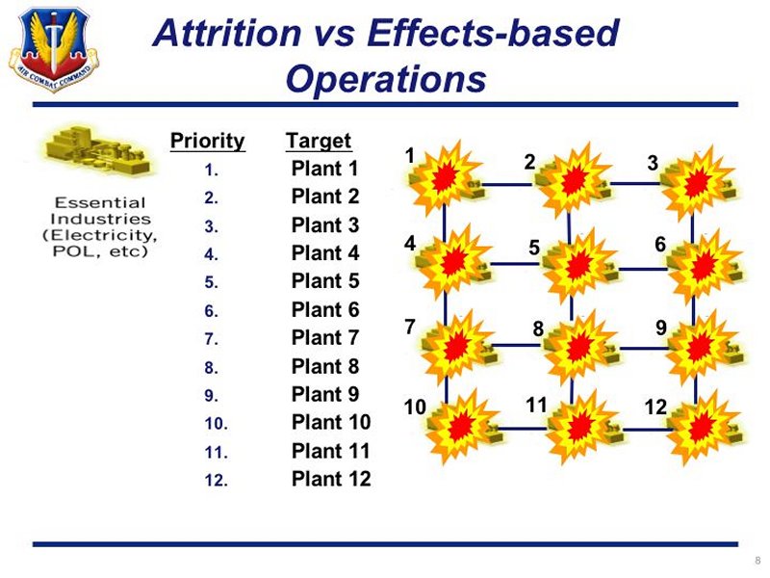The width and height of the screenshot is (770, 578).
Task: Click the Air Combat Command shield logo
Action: [54, 49]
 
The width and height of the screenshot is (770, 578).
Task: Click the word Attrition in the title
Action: [227, 34]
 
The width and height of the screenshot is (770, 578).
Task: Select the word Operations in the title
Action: [386, 79]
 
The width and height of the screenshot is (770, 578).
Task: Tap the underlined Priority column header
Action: [207, 142]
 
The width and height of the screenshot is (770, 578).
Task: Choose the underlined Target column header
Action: [319, 141]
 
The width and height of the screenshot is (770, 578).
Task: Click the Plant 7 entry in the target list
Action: [325, 338]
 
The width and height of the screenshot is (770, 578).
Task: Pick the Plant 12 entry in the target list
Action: [331, 479]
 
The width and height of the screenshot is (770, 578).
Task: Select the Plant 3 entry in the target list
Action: [325, 225]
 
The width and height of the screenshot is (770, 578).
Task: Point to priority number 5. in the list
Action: [211, 282]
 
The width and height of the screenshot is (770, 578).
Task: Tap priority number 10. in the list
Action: [216, 424]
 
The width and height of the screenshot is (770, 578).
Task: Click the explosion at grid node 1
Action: [446, 178]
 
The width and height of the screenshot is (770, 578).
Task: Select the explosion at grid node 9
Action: [700, 348]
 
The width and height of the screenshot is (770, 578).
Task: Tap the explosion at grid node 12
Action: [702, 428]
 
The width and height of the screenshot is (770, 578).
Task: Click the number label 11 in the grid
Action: [536, 406]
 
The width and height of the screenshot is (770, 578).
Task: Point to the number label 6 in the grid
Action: [660, 245]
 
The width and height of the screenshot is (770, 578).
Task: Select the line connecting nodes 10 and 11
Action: [522, 428]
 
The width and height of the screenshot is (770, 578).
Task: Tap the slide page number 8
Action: [757, 561]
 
